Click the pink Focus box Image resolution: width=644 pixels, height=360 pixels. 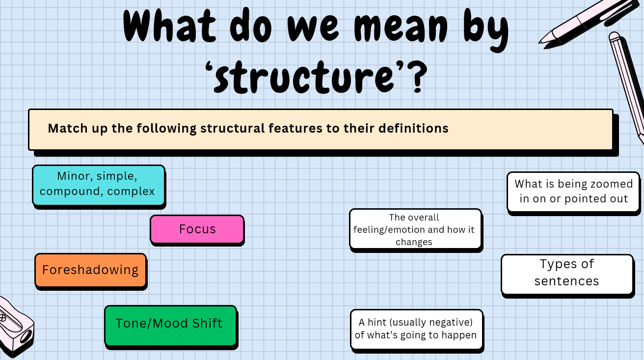click(x=197, y=229)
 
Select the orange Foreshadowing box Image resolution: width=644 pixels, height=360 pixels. click(x=90, y=270)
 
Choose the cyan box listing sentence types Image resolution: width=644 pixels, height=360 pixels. click(x=98, y=185)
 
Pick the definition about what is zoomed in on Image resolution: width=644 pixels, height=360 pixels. click(x=573, y=192)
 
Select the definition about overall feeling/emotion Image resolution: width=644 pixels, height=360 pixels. click(x=415, y=229)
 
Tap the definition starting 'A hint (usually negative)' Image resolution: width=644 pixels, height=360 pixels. click(x=416, y=330)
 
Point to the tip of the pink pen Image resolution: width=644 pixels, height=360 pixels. click(x=541, y=41)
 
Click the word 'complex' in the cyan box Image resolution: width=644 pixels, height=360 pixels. click(x=131, y=192)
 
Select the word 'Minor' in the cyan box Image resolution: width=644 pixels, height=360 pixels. click(x=74, y=176)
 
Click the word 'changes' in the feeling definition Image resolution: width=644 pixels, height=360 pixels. click(x=414, y=242)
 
